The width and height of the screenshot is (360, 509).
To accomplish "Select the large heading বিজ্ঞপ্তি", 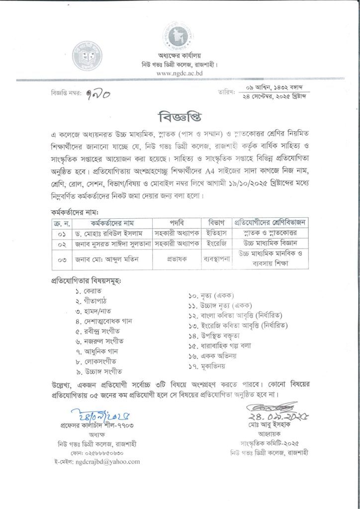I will (179, 118).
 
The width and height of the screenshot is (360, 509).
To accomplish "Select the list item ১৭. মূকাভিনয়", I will (207, 367).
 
